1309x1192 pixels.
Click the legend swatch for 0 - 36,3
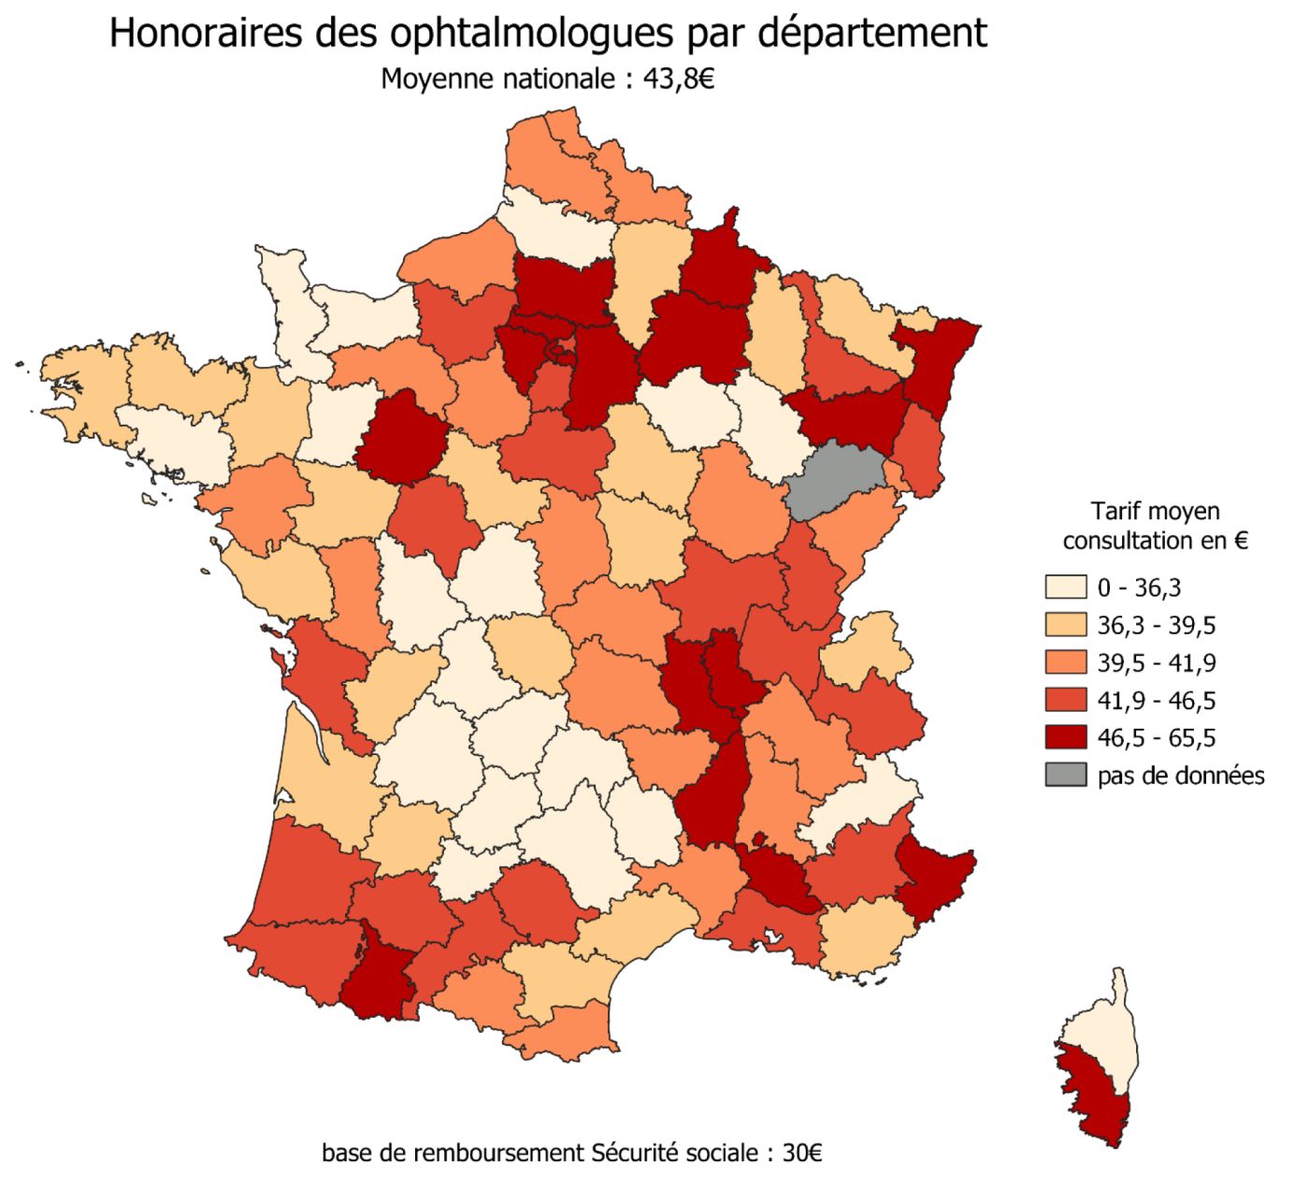[1066, 588]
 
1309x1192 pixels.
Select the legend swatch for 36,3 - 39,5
[1066, 625]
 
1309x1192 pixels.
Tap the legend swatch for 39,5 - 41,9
[1066, 662]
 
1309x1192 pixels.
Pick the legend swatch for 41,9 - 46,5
[1066, 700]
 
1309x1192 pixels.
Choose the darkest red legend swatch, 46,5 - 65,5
[1066, 737]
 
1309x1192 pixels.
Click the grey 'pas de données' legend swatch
[1066, 775]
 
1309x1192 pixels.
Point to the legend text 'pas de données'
[1181, 776]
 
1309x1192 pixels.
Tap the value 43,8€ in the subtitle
[679, 80]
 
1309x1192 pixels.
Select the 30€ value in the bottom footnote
[801, 1153]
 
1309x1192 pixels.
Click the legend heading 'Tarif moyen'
[1155, 511]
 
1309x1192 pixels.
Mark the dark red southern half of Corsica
[1094, 1095]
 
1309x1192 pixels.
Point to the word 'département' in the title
[870, 33]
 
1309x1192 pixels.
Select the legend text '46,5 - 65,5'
[1157, 738]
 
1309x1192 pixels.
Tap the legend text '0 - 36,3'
[1139, 589]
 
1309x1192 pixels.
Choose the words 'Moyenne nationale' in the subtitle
[496, 80]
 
